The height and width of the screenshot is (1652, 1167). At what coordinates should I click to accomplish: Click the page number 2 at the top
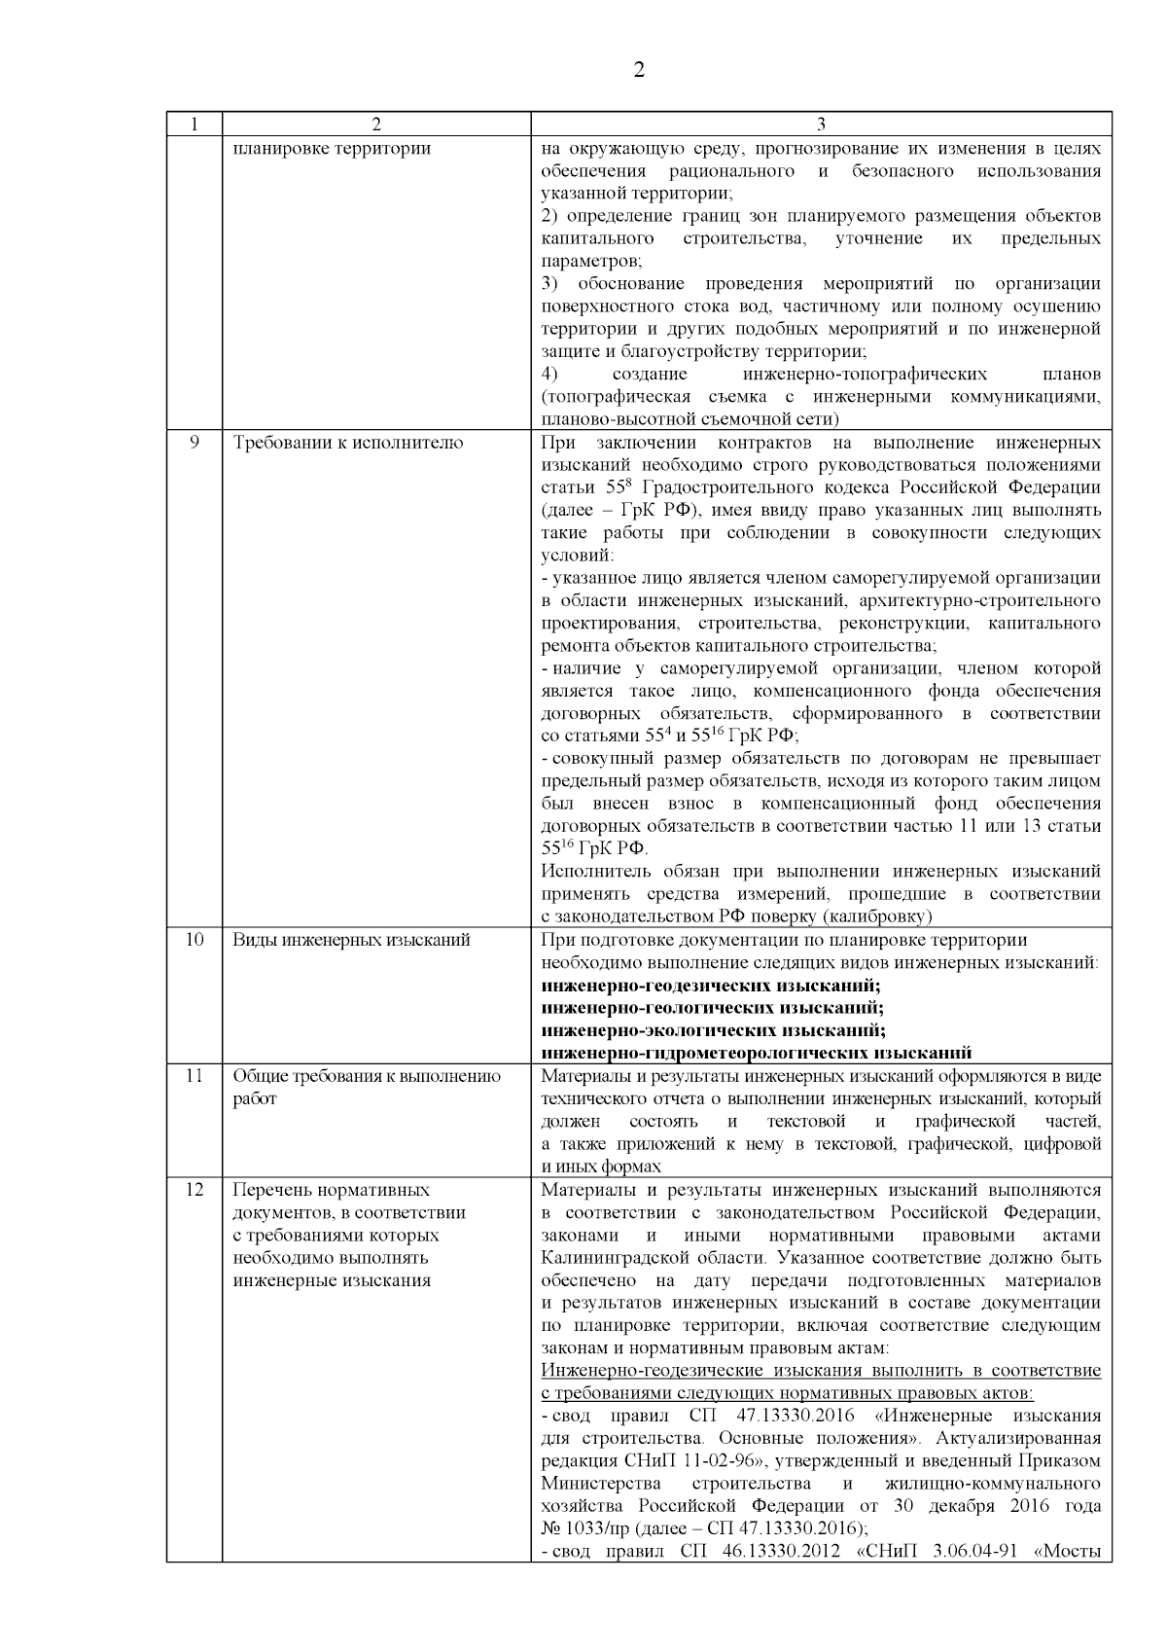(639, 70)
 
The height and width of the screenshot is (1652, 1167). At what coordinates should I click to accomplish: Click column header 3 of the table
(821, 124)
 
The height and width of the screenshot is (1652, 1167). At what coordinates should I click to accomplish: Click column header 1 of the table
(194, 124)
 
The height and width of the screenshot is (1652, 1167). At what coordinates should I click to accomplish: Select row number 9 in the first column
(194, 443)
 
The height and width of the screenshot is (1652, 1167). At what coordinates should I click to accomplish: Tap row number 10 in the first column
(194, 940)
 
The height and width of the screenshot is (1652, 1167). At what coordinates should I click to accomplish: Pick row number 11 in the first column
(194, 1076)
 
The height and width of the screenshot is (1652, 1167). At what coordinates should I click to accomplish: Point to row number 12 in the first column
(194, 1190)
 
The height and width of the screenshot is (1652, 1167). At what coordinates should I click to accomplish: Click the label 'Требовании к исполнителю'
(348, 443)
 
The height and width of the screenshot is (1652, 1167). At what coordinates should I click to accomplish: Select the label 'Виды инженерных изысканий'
(351, 940)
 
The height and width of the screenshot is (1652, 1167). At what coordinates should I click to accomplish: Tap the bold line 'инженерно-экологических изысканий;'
(712, 1030)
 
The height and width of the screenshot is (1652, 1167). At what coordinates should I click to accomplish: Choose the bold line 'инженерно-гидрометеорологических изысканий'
(756, 1053)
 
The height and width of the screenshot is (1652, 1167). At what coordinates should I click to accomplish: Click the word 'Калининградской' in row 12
(607, 1258)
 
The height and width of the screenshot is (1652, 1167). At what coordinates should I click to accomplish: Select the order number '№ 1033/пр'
(580, 1528)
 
